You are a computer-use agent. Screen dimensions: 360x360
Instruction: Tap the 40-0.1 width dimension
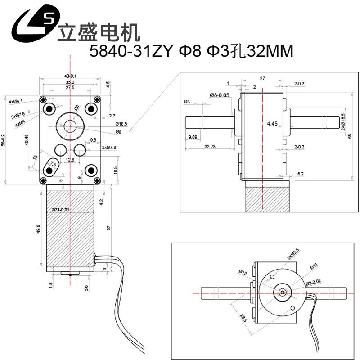click(70, 76)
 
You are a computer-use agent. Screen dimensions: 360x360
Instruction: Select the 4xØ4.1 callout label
click(16, 102)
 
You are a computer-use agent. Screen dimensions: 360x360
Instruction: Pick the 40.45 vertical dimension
click(27, 140)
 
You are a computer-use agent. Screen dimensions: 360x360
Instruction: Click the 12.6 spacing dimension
click(70, 159)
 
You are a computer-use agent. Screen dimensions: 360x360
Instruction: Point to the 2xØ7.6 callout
click(109, 148)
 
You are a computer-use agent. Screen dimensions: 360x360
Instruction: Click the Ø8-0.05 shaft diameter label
click(220, 95)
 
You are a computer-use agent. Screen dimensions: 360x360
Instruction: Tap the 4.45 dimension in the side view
click(271, 123)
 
